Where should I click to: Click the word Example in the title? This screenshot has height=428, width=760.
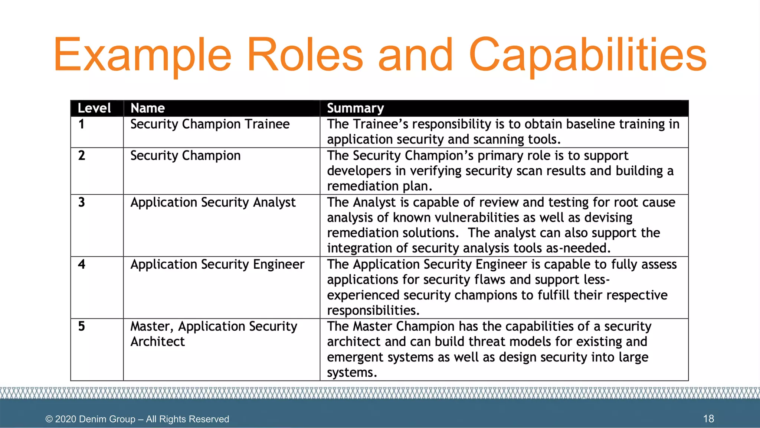(x=142, y=55)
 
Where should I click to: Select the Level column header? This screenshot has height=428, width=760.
(x=94, y=108)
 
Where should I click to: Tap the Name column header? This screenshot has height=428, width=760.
(x=147, y=108)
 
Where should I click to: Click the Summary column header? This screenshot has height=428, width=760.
(x=355, y=108)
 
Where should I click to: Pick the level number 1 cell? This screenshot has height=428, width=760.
(x=82, y=124)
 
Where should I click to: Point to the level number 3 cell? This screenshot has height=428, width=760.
(x=82, y=202)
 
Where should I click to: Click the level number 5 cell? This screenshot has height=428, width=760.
(x=82, y=327)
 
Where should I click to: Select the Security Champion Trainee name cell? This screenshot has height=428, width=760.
(x=210, y=124)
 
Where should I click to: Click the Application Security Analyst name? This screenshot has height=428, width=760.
(x=213, y=202)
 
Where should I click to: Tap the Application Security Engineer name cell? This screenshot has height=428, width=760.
(x=217, y=265)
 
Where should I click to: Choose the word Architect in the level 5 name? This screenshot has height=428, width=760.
(x=157, y=342)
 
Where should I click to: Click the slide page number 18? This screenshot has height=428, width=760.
(x=708, y=419)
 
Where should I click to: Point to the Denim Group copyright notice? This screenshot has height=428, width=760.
(x=137, y=419)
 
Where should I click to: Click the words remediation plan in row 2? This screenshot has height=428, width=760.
(x=379, y=186)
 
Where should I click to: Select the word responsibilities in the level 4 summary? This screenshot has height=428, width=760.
(x=373, y=310)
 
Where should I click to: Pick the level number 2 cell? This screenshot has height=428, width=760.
(x=82, y=156)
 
